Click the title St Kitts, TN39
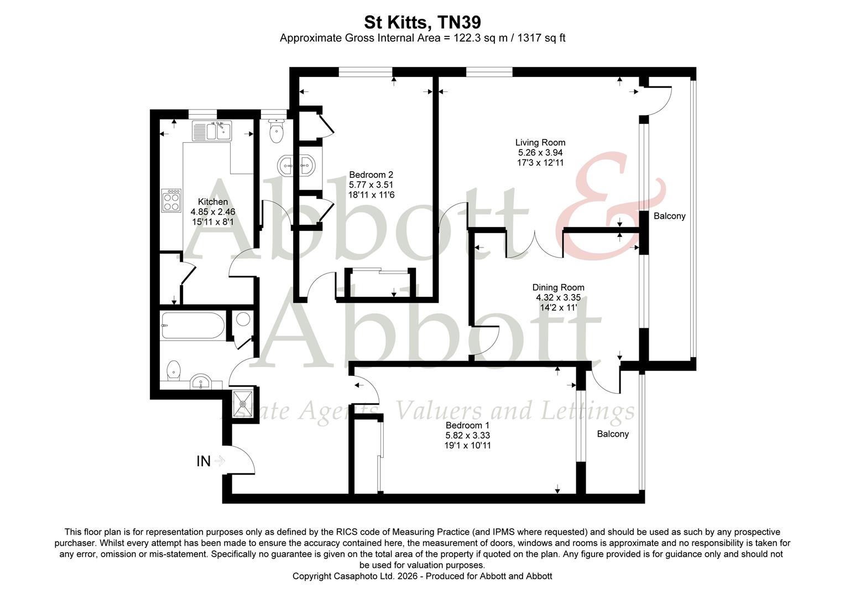coord(422,22)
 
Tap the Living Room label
coord(540,142)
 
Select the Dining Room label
coord(558,287)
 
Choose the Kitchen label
coord(213,202)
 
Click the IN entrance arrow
coord(218,461)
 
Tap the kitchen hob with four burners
coord(171,200)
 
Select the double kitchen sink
coord(211,131)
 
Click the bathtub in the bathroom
coord(192,326)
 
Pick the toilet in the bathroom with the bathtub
coord(174,370)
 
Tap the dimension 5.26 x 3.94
coord(540,152)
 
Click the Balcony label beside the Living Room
coord(669,216)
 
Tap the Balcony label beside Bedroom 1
coord(612,434)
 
